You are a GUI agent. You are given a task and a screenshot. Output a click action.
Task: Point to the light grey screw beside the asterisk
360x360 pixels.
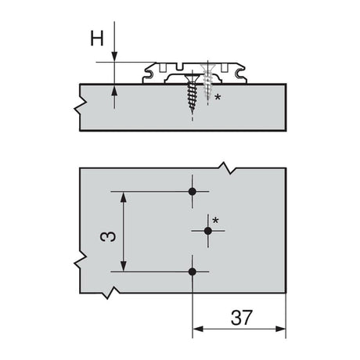208,85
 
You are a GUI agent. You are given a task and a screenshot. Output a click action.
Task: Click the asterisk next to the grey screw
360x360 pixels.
217,98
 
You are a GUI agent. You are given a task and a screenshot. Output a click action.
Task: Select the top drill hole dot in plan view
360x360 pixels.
193,191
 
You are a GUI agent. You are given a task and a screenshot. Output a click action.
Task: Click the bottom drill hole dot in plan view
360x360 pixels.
193,272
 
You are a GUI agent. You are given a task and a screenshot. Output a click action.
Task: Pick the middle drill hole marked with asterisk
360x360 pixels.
208,231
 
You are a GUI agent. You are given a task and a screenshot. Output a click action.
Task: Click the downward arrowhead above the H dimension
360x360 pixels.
115,57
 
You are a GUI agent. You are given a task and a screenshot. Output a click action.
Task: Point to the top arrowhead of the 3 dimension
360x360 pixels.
122,196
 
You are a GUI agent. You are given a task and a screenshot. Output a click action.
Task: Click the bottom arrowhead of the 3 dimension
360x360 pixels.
122,266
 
